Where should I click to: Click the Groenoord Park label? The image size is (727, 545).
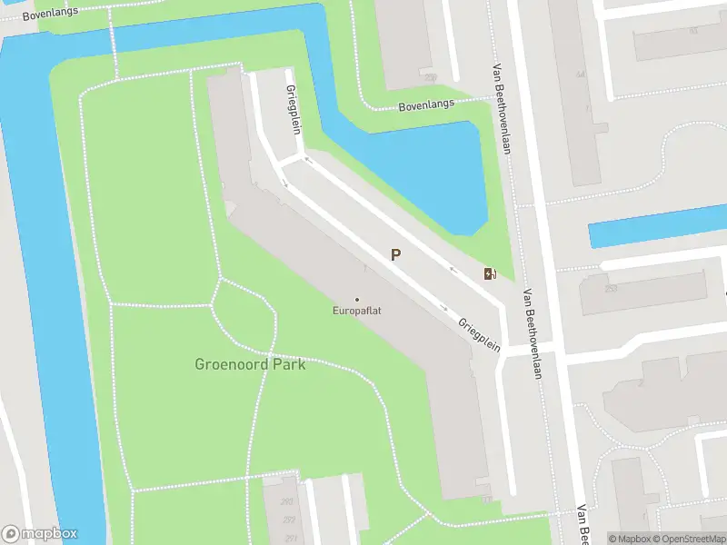click(250, 365)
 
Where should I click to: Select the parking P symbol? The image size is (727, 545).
click(395, 255)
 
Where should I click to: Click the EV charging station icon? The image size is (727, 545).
click(491, 274)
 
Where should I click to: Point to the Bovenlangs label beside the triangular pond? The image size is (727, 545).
click(425, 106)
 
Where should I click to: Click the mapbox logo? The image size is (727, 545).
click(40, 534)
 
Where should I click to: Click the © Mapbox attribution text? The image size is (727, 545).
click(628, 539)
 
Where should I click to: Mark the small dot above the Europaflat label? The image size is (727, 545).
click(356, 300)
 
